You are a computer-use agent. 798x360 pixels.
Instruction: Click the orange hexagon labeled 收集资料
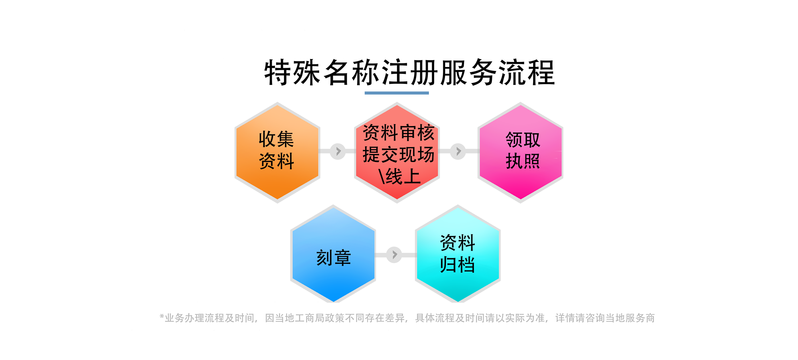click(277, 152)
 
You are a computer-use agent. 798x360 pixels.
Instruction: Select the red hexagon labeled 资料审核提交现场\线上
click(397, 152)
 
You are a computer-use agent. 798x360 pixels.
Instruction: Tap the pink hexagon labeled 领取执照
click(520, 152)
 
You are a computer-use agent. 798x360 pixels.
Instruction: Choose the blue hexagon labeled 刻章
click(333, 255)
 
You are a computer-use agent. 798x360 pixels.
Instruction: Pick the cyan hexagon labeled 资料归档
click(458, 255)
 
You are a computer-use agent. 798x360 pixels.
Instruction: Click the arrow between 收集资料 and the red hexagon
click(338, 151)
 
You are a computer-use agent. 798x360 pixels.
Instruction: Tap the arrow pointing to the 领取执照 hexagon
click(458, 151)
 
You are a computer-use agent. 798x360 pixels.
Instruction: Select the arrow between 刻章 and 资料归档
click(394, 255)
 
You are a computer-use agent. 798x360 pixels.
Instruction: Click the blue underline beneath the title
click(397, 93)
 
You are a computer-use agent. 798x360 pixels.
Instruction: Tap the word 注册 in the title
click(410, 73)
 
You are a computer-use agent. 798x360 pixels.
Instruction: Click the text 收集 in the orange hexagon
click(276, 139)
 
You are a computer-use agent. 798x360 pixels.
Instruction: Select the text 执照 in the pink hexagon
click(523, 161)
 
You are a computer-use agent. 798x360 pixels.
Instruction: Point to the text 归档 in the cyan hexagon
click(457, 265)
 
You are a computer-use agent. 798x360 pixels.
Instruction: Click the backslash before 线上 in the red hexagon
click(381, 176)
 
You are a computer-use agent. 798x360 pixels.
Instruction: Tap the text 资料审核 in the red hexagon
click(398, 133)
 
